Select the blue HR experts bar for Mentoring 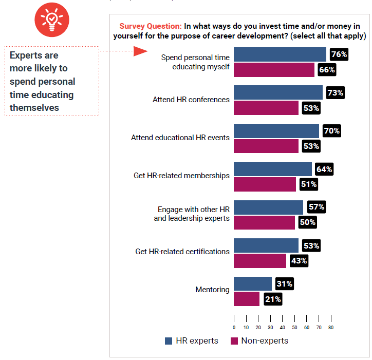(253, 283)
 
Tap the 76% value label (339, 54)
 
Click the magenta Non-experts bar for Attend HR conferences (266, 108)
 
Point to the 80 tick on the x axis (331, 327)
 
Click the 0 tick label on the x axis (234, 327)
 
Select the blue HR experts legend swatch (169, 341)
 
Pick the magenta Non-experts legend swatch (234, 341)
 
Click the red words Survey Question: (150, 26)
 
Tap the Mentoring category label (212, 290)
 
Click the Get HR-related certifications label (182, 252)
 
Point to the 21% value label (272, 299)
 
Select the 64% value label (324, 169)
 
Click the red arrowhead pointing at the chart (140, 51)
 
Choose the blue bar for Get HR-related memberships (273, 169)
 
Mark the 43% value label (299, 261)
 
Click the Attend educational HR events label (180, 138)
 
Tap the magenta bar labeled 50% (265, 222)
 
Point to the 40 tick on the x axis (283, 327)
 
